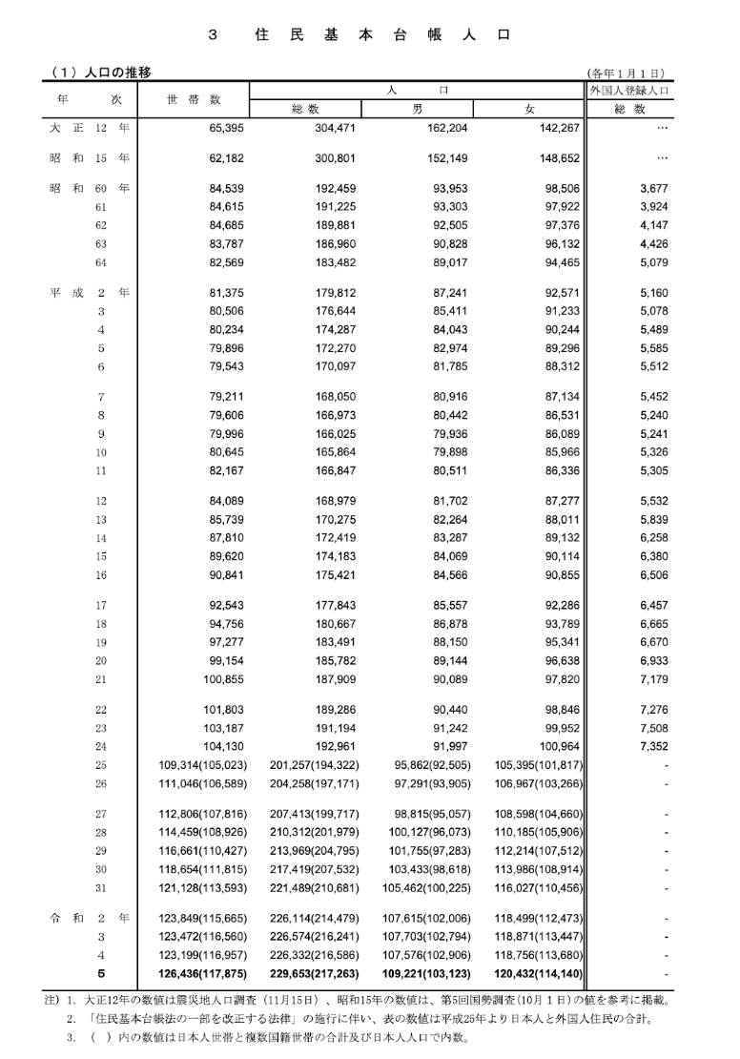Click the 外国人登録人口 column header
coord(629,91)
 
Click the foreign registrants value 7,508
coord(653,729)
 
